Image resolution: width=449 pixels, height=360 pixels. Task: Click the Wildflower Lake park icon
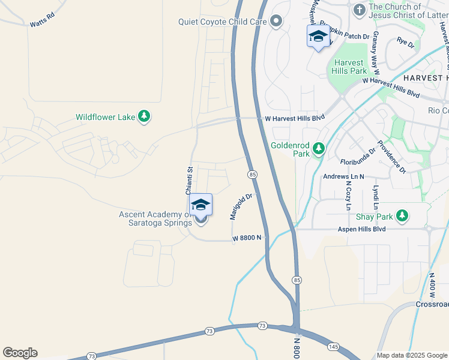pos(143,117)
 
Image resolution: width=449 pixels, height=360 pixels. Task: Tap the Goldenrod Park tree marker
pos(319,149)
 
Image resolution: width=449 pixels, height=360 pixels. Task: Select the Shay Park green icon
pos(402,216)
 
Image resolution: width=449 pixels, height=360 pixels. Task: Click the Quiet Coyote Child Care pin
pos(276,22)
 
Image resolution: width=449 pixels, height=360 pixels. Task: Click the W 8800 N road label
pos(247,238)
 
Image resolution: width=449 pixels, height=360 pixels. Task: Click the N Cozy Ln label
pos(348,196)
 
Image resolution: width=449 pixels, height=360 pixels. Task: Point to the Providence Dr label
pos(391,157)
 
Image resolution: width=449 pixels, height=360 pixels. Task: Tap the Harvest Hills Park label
pos(349,67)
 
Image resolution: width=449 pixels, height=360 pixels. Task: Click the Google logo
pos(20,353)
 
